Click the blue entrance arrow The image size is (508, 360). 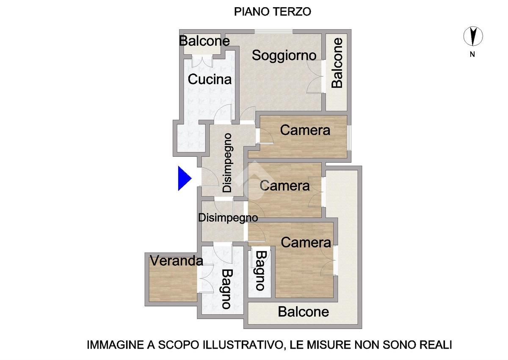(x=185, y=178)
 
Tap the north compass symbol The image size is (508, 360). (x=473, y=36)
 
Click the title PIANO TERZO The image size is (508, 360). (x=272, y=12)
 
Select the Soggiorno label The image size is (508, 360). (x=284, y=55)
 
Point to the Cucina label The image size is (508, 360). (x=210, y=79)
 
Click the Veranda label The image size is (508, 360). (x=177, y=261)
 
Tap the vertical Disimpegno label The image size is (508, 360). (x=227, y=163)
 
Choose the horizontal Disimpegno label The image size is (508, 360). (x=228, y=218)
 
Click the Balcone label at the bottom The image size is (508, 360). (x=304, y=312)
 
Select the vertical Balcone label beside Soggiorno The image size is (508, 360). (x=337, y=63)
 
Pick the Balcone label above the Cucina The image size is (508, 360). (x=204, y=41)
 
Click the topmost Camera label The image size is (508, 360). (x=305, y=130)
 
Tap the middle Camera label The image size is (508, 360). (x=284, y=186)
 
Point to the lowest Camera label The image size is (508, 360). (x=306, y=243)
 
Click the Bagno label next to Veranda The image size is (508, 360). (x=226, y=289)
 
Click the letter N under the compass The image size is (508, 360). (x=472, y=55)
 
